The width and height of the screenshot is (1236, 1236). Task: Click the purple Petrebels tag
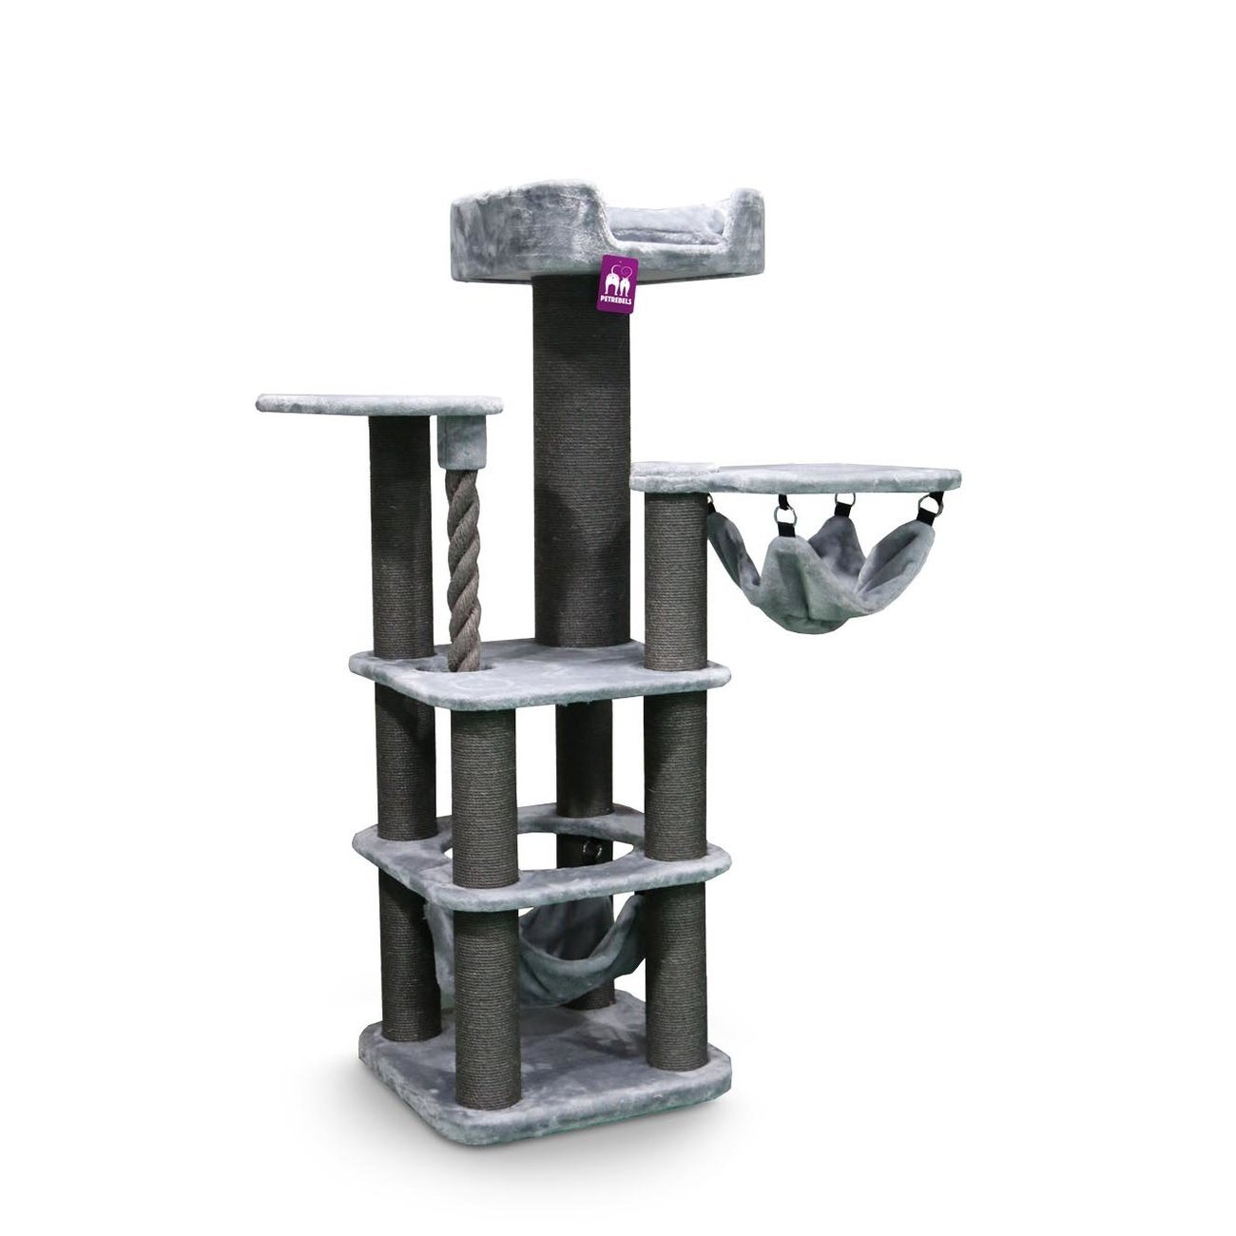pyautogui.click(x=618, y=284)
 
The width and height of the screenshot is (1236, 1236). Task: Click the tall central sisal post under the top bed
pyautogui.click(x=583, y=462)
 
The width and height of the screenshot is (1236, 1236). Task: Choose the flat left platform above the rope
pyautogui.click(x=379, y=403)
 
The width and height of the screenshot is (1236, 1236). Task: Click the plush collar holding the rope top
pyautogui.click(x=462, y=441)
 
